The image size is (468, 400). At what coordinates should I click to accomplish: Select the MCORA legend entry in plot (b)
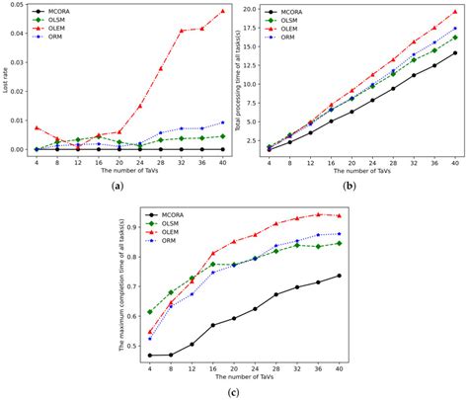click(291, 10)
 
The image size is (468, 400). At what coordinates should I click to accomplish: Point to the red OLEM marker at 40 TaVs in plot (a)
click(222, 11)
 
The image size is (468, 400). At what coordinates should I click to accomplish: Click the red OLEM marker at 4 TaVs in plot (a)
click(37, 127)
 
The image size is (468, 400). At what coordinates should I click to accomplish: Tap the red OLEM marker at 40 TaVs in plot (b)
click(454, 11)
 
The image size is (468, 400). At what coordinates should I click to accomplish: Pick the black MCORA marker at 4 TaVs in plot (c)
click(150, 356)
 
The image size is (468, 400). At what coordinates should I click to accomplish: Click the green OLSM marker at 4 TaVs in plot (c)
click(150, 311)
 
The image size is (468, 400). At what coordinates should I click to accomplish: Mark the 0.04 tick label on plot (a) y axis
click(18, 33)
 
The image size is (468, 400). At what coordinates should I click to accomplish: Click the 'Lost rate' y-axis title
click(6, 79)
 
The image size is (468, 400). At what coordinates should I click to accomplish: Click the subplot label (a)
click(117, 186)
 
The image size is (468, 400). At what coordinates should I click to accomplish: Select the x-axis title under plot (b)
click(361, 169)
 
